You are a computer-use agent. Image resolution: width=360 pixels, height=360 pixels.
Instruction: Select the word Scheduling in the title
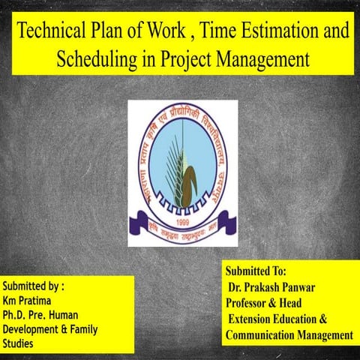click(96, 57)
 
